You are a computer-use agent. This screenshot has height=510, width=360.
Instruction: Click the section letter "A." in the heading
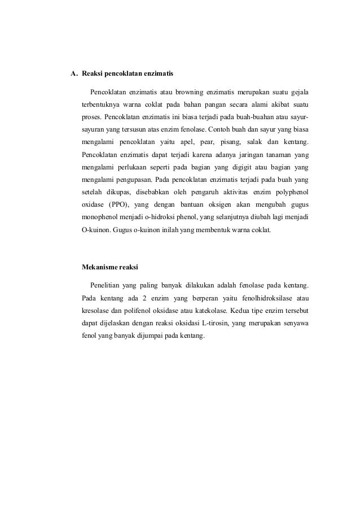73,73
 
